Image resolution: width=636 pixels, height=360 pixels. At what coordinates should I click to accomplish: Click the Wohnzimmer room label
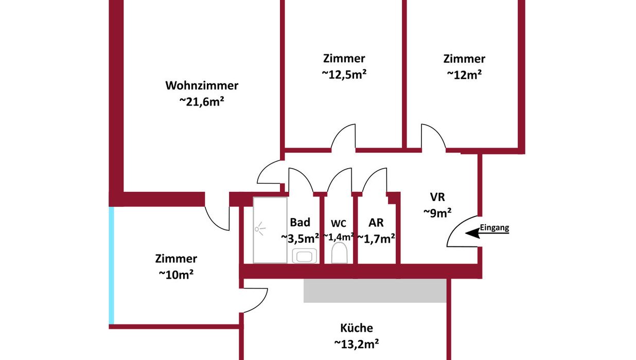(202, 86)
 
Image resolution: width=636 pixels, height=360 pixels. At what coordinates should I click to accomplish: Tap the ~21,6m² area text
(202, 101)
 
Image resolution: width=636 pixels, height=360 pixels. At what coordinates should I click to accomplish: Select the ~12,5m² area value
(344, 74)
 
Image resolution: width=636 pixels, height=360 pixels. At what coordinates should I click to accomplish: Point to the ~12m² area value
(464, 75)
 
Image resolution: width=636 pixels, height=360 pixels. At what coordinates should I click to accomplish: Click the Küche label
(357, 328)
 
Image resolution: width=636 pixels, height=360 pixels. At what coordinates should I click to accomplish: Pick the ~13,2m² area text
(357, 344)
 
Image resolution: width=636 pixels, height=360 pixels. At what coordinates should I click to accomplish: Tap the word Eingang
(494, 228)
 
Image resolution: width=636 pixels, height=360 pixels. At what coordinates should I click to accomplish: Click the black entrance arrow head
(472, 233)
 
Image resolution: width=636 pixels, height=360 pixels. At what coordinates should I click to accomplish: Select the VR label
(437, 197)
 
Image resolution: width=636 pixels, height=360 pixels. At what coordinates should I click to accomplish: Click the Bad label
(300, 222)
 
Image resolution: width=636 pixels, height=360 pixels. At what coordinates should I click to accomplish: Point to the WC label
(339, 224)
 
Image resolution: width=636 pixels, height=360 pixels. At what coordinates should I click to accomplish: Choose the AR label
(376, 223)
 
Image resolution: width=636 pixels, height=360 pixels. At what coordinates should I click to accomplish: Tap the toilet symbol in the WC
(339, 253)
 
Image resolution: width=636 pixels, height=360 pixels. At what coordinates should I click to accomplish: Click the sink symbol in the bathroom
(305, 256)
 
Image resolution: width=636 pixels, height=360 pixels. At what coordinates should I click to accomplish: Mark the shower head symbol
(260, 229)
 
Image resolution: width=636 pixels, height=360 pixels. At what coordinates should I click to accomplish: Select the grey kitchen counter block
(375, 291)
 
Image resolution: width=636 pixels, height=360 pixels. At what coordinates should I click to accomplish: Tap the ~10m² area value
(176, 275)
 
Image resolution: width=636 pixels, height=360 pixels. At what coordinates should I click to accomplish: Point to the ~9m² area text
(437, 213)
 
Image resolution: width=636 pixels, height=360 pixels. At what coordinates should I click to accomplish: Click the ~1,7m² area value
(376, 239)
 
